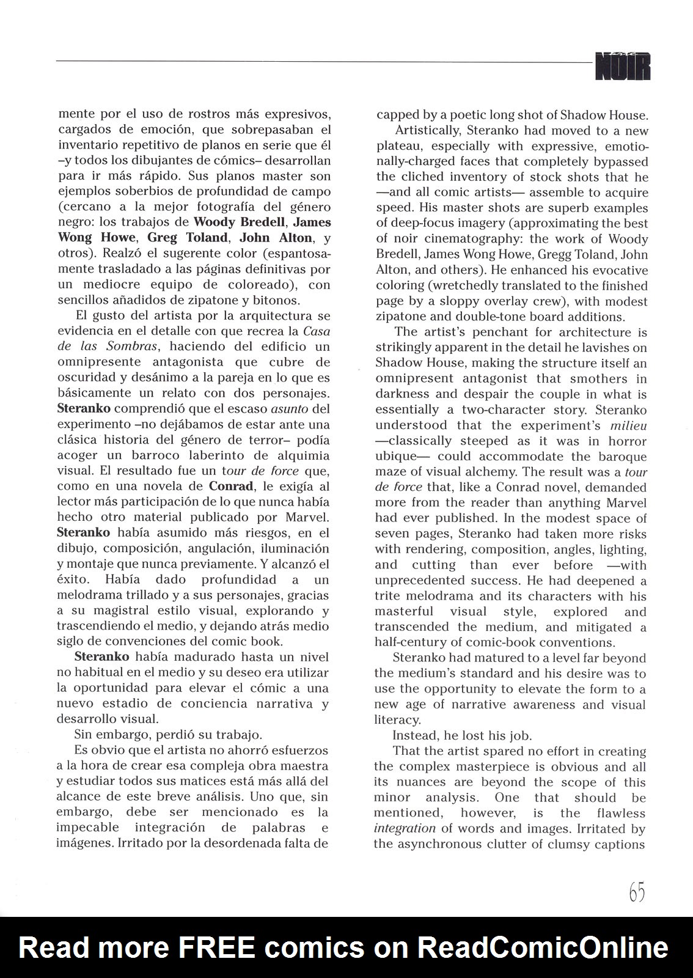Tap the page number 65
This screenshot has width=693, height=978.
(636, 893)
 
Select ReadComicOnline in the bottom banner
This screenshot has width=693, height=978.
(543, 948)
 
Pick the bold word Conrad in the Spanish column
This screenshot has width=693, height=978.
(231, 487)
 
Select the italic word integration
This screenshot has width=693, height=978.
(405, 829)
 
